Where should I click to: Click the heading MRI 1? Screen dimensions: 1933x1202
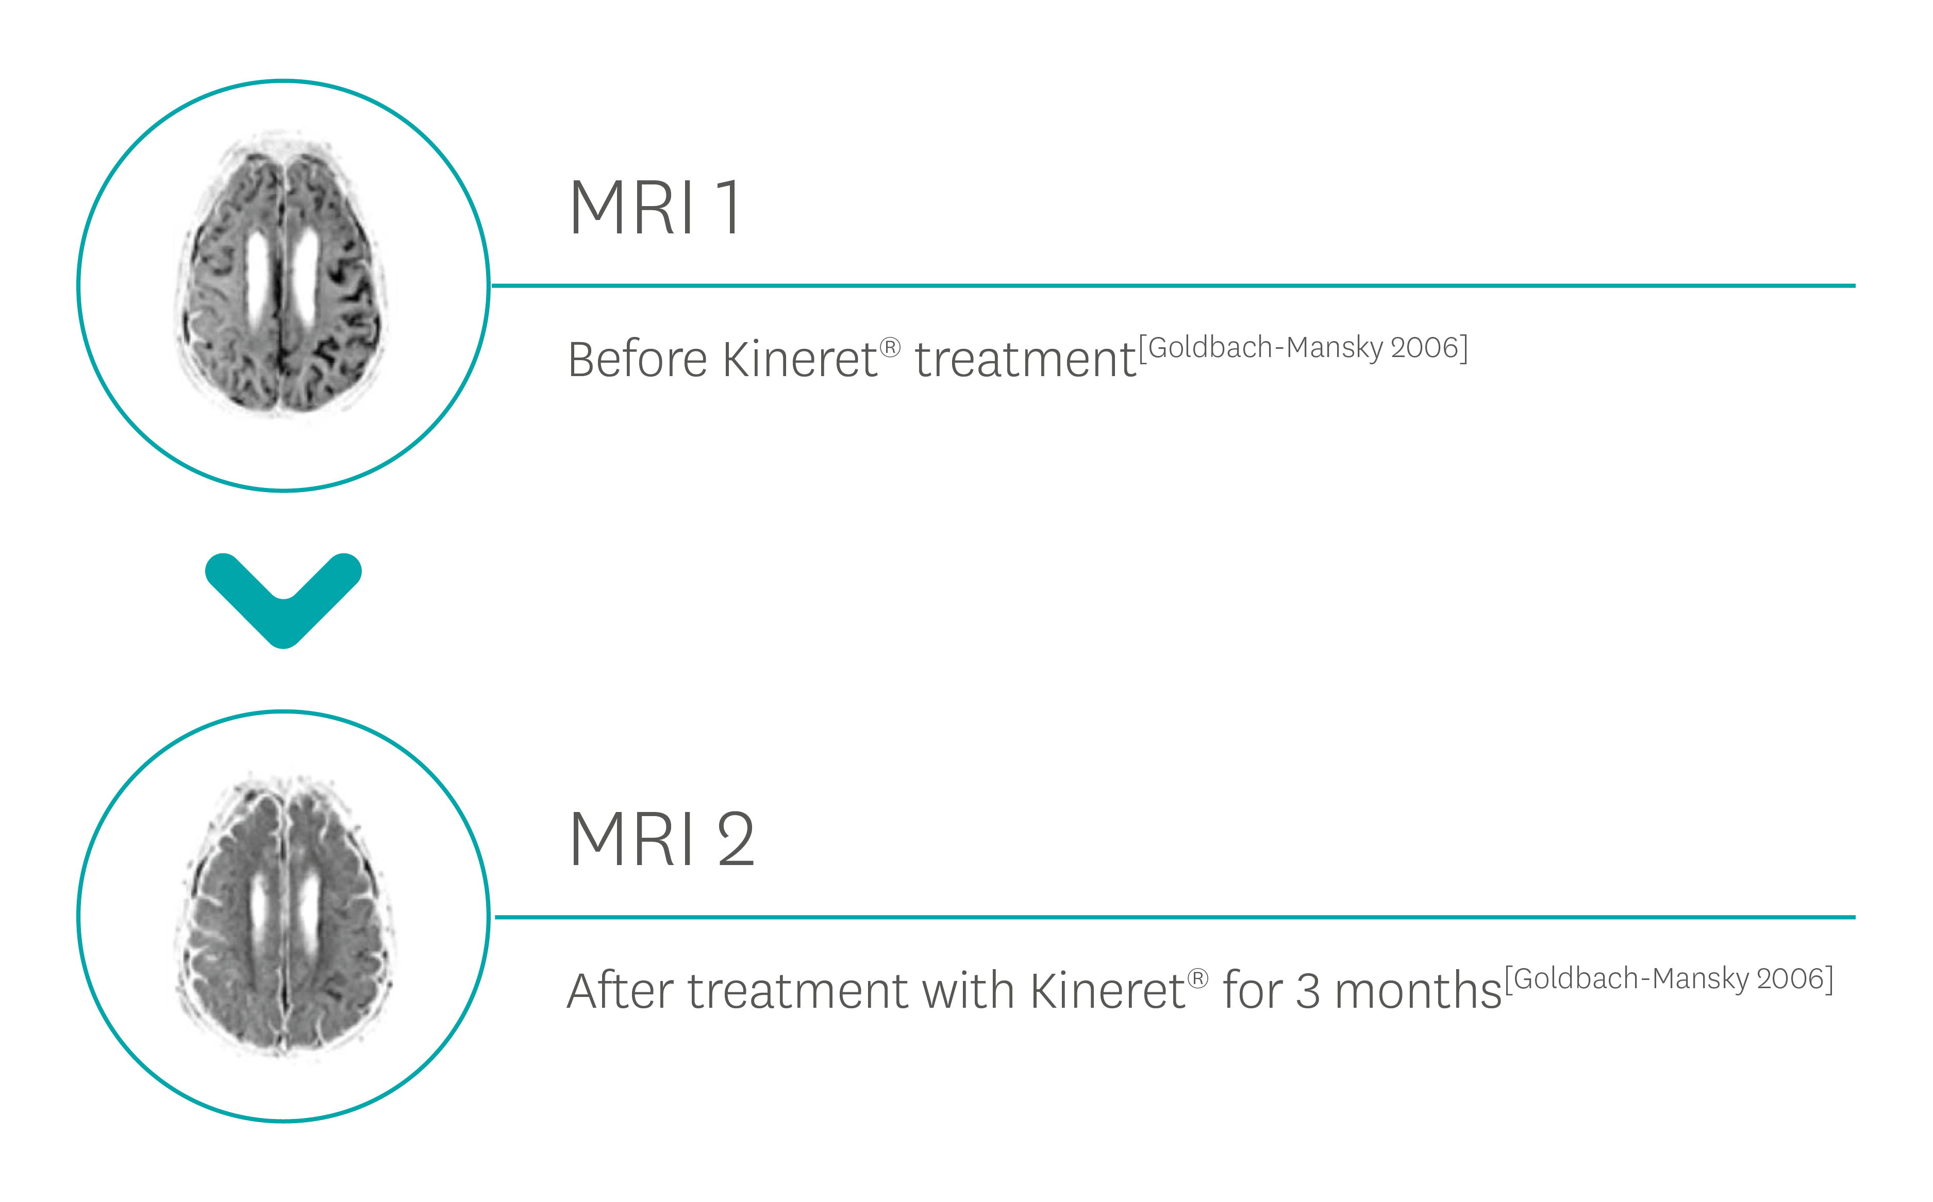coord(657,208)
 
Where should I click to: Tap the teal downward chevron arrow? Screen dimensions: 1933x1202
coord(284,600)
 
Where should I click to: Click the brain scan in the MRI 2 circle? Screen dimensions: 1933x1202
coord(284,916)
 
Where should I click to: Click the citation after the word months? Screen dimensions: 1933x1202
coord(1669,978)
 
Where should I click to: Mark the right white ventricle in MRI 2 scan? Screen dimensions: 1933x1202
coord(309,914)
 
